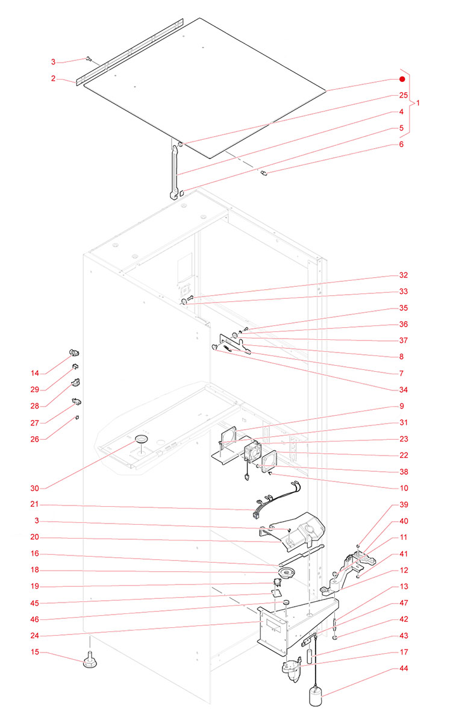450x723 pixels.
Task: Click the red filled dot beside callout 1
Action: point(402,80)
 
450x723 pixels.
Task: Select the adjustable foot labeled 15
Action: point(90,662)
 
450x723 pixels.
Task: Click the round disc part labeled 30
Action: point(141,439)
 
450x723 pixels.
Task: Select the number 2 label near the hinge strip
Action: point(53,78)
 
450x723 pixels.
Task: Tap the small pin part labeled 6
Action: point(264,174)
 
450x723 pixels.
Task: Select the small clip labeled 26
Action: point(77,416)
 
